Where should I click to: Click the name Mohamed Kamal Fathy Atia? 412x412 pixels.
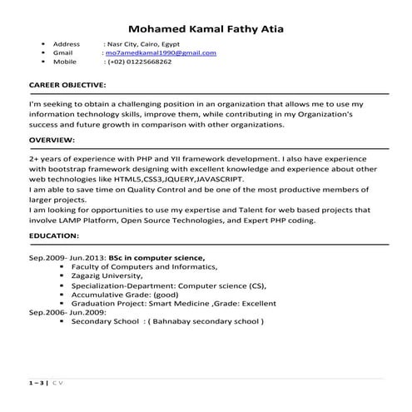[x=206, y=30]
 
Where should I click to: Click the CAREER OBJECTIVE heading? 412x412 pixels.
[x=67, y=85]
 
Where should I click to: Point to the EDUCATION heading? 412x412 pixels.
[x=54, y=236]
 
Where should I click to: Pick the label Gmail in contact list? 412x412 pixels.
[x=63, y=52]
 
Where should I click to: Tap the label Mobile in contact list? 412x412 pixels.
[x=65, y=62]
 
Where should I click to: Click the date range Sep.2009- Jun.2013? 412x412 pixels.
[x=61, y=258]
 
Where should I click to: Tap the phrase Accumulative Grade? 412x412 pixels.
[x=108, y=294]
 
